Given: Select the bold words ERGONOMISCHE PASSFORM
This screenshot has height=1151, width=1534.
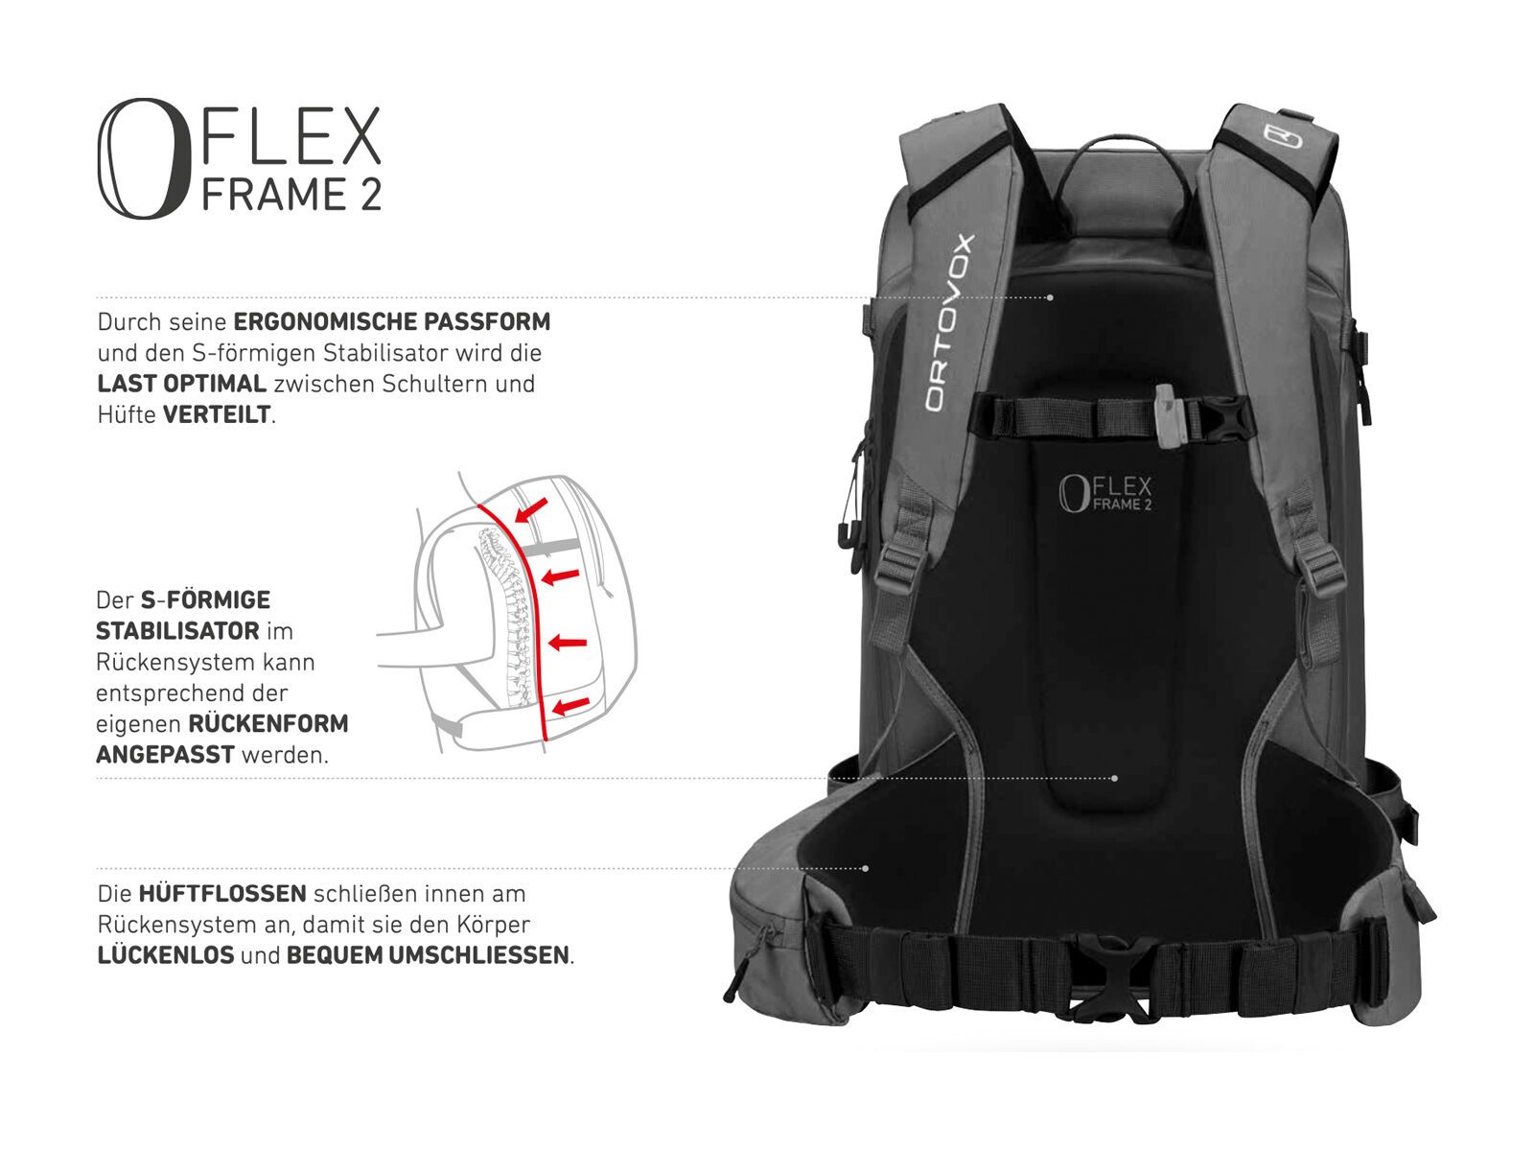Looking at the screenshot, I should click(392, 321).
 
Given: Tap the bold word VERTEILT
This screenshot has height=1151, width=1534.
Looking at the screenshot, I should click(218, 414).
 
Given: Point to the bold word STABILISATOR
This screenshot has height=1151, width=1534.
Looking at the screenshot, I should click(177, 631).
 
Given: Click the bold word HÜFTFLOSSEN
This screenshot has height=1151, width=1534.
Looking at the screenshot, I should click(222, 894).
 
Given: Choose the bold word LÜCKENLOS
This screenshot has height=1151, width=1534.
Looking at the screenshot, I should click(166, 955).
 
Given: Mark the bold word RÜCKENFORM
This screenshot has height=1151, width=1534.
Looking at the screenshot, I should click(268, 723).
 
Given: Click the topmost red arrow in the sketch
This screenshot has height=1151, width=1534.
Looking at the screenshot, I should click(532, 508).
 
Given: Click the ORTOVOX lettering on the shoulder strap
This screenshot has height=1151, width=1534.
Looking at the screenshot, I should click(948, 323).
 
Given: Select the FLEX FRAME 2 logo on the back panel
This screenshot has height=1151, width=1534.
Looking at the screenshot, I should click(1104, 493).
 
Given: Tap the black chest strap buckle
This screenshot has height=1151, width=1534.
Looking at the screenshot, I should click(1225, 420).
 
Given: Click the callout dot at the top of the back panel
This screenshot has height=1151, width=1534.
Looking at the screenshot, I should click(1050, 298).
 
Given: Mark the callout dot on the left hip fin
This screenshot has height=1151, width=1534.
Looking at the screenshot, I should click(866, 869).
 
